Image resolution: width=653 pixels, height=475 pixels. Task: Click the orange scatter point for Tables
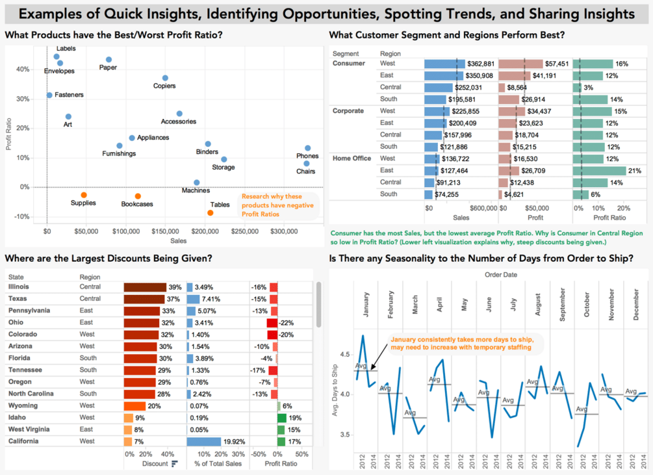211,212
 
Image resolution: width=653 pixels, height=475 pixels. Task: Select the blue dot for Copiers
165,78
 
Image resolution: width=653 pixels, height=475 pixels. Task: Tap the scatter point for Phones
308,148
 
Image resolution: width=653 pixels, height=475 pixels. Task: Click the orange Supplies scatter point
84,195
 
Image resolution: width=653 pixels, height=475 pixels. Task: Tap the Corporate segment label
348,111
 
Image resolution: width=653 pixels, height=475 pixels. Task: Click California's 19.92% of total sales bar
213,441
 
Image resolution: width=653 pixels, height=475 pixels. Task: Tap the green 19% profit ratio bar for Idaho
282,417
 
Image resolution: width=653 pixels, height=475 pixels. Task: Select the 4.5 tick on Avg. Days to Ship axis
344,355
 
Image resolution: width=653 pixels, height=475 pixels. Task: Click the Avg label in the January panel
361,366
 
